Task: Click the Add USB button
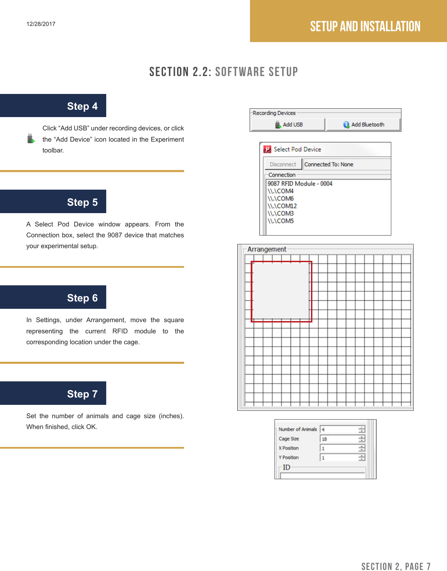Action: click(x=288, y=124)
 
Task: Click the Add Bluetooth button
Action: click(x=364, y=124)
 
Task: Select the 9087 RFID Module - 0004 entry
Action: click(x=300, y=184)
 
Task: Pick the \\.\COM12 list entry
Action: click(x=282, y=206)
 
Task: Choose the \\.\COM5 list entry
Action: click(x=280, y=221)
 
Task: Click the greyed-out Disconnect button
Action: click(x=283, y=164)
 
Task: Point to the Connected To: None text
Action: click(x=329, y=164)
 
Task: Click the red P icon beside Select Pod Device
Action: click(x=267, y=149)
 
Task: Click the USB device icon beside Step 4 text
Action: click(x=31, y=138)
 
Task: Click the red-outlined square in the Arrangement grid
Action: click(x=281, y=291)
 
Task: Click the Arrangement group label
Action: click(x=266, y=249)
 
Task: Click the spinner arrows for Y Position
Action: click(x=362, y=457)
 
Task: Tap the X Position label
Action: click(x=289, y=448)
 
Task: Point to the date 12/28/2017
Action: click(x=41, y=24)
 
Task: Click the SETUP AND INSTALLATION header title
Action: click(x=365, y=26)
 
